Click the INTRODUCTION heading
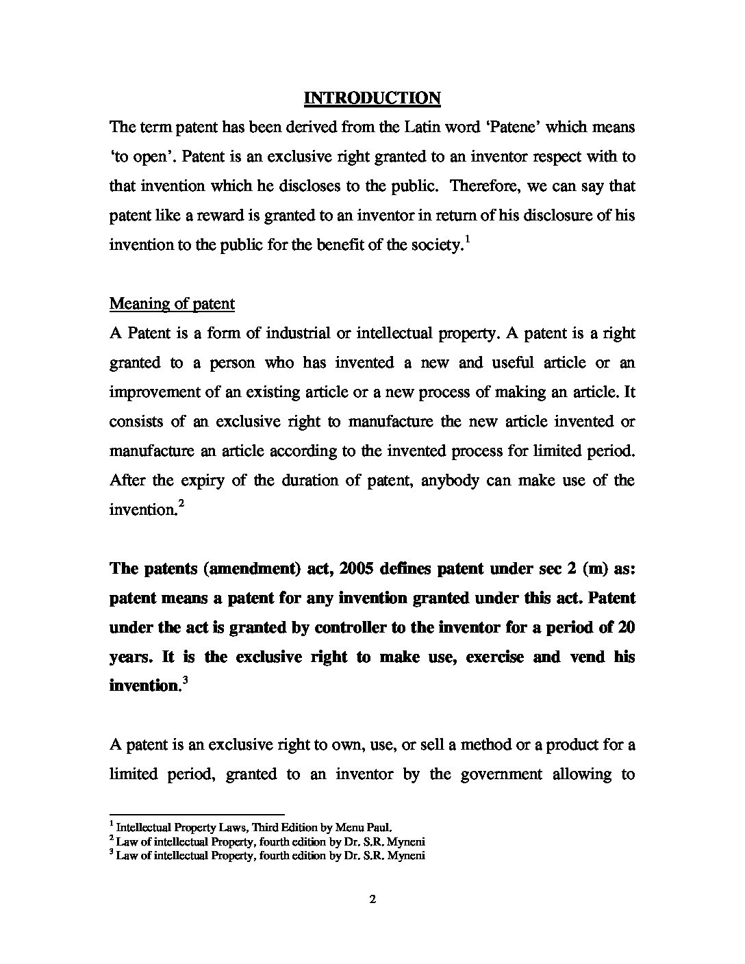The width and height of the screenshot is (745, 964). click(x=372, y=98)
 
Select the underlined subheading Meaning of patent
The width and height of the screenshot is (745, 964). click(x=172, y=303)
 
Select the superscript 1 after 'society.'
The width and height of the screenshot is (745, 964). click(x=467, y=239)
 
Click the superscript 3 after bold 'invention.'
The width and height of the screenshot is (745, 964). click(x=184, y=681)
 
